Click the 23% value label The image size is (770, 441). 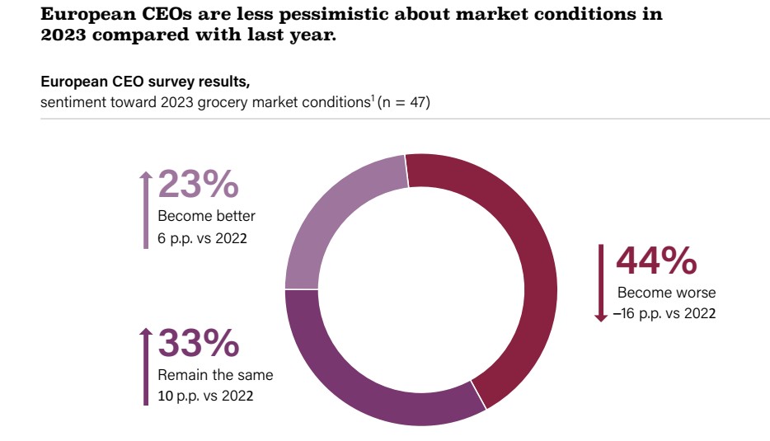[198, 185]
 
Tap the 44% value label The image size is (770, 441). [656, 260]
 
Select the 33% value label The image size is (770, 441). [198, 343]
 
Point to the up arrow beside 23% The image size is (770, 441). [145, 209]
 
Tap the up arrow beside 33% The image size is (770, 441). [145, 366]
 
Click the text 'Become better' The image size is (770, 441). [206, 216]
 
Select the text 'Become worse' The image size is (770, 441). [666, 293]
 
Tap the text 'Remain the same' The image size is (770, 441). [215, 375]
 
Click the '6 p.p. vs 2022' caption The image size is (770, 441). [203, 238]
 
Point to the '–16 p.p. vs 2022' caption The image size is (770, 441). [664, 314]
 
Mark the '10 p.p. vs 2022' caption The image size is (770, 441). [205, 396]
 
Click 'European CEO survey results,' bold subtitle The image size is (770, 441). [145, 82]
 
